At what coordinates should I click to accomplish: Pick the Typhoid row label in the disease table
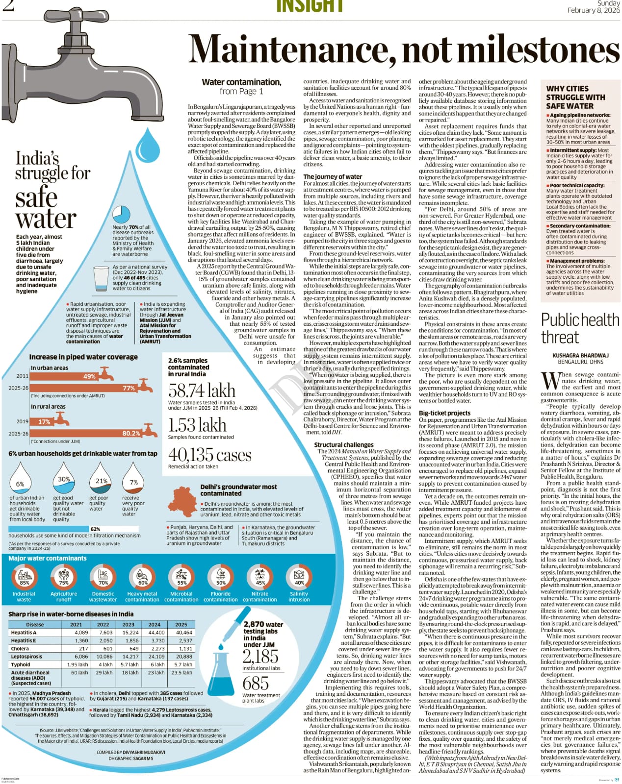pyautogui.click(x=21, y=664)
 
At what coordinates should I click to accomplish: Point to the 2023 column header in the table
pyautogui.click(x=128, y=624)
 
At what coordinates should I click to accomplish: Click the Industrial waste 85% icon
pyautogui.click(x=24, y=577)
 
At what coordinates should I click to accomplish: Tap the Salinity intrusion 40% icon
pyautogui.click(x=299, y=577)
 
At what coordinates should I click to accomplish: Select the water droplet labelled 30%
pyautogui.click(x=64, y=478)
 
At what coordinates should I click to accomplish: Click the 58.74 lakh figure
pyautogui.click(x=202, y=391)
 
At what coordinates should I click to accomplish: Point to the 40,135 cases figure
pyautogui.click(x=209, y=455)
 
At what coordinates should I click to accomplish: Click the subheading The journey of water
pyautogui.click(x=333, y=176)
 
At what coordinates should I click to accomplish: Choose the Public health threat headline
pyautogui.click(x=580, y=328)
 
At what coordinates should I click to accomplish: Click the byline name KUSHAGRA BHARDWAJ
pyautogui.click(x=580, y=355)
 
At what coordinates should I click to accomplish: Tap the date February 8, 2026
pyautogui.click(x=594, y=10)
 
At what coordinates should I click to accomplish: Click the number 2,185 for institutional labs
pyautogui.click(x=260, y=656)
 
